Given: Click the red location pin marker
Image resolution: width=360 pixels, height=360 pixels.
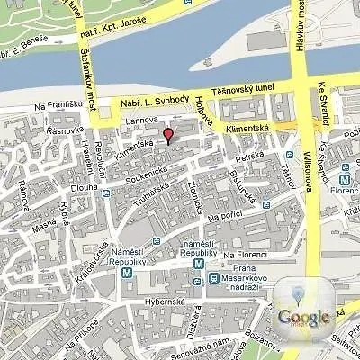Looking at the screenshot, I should (167, 135).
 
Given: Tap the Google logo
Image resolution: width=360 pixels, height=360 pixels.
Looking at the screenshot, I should (303, 316).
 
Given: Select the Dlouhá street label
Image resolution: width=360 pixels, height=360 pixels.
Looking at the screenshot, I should (59, 188).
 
